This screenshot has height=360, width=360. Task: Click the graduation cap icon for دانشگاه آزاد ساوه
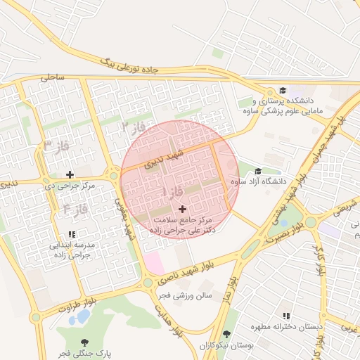pos(257,172)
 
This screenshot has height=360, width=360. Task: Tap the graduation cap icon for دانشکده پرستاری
pos(283,90)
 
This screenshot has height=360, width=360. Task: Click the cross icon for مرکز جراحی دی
pos(69,174)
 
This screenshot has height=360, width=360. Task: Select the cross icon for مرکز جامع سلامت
pos(184,209)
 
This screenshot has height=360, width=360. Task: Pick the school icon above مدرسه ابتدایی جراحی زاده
pos(72,235)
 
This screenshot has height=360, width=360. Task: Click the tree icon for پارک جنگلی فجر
pos(85,342)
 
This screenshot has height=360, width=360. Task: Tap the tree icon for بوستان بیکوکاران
pos(226,335)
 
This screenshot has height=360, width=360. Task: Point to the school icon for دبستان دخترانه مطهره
pos(285,316)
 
